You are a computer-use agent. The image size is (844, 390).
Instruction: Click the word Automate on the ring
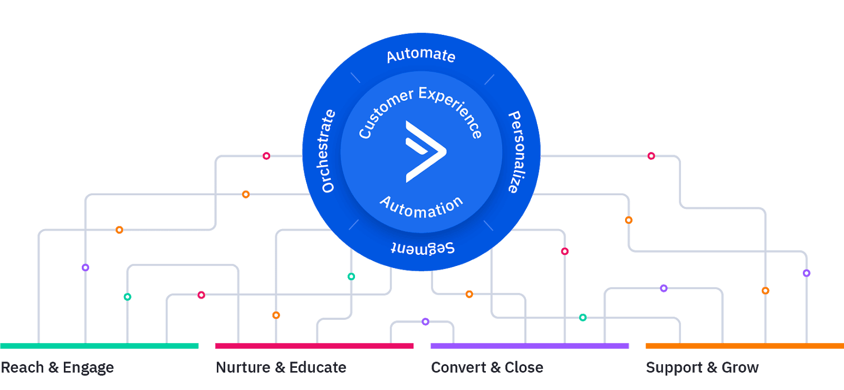click(x=421, y=55)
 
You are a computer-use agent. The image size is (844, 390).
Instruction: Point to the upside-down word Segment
click(x=423, y=248)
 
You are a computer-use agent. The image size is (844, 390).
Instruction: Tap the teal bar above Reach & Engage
click(x=99, y=346)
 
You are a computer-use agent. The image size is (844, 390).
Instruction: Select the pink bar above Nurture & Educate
click(x=314, y=346)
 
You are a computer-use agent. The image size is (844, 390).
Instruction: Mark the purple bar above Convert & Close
click(x=530, y=346)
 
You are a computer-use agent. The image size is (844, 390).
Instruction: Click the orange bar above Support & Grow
click(x=744, y=346)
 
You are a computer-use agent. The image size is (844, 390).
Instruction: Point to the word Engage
click(x=88, y=368)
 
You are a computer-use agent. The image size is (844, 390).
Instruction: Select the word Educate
click(x=318, y=367)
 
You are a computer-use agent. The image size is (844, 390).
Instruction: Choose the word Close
click(x=524, y=367)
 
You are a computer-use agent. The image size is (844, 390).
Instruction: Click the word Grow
click(x=740, y=367)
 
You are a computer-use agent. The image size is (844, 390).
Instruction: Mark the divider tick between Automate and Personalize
click(x=490, y=80)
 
